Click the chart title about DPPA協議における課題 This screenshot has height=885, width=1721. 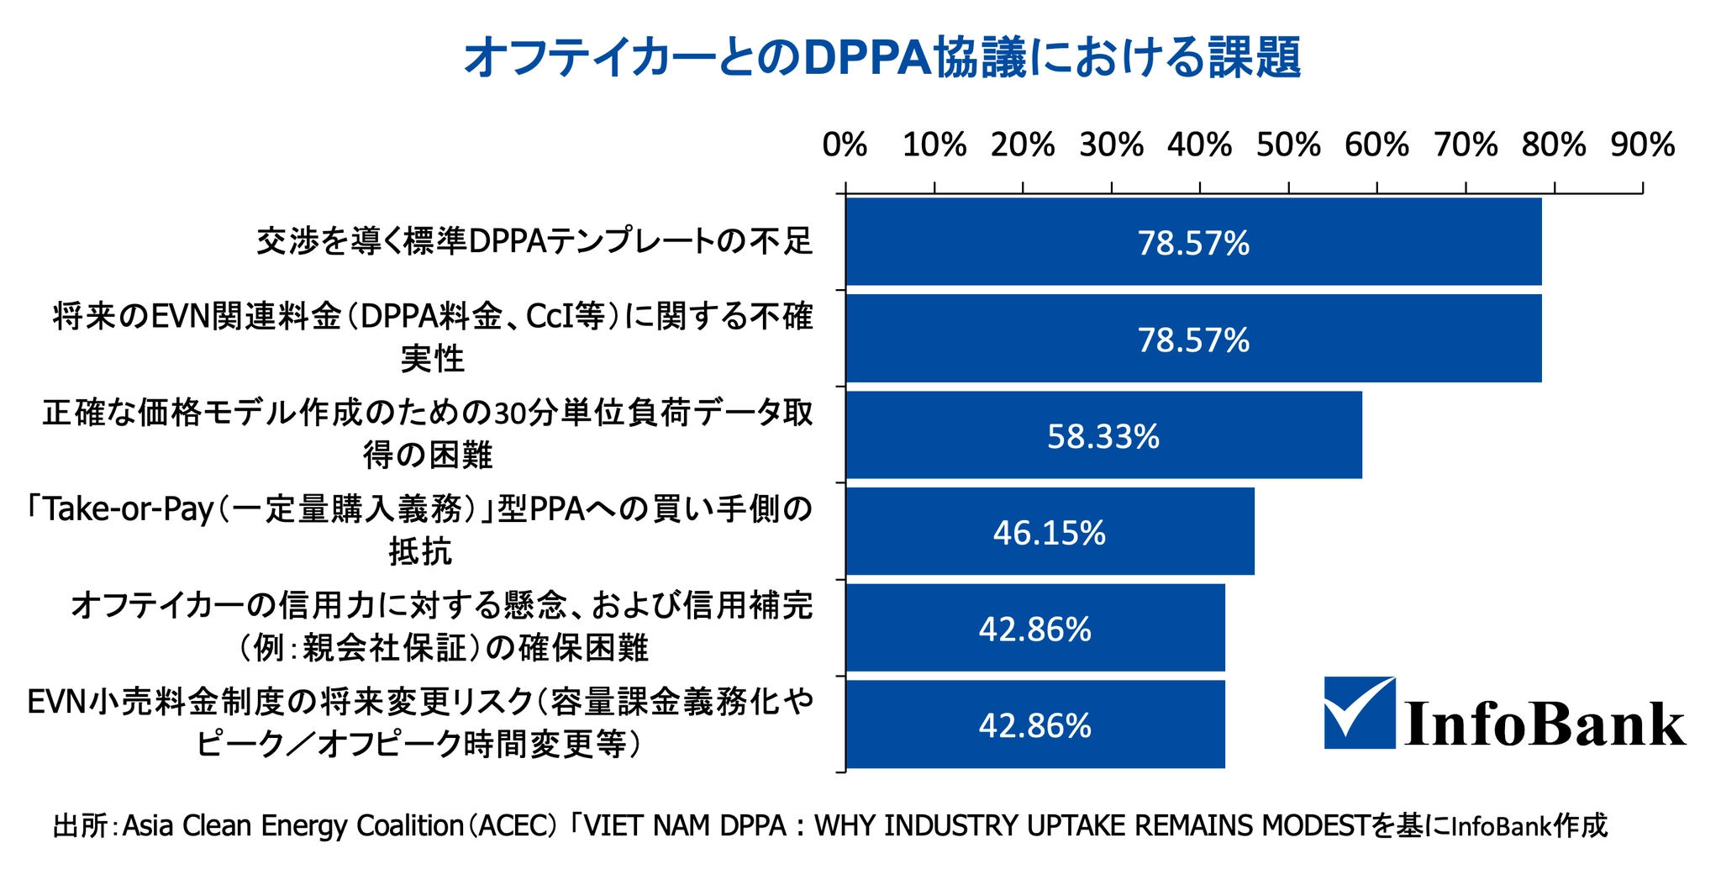(882, 58)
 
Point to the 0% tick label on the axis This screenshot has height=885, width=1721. (845, 145)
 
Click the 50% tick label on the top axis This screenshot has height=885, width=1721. (1288, 145)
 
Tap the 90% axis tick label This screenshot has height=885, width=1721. (1642, 145)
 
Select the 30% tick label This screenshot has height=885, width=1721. (1111, 145)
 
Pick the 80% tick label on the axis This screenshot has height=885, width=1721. (1554, 145)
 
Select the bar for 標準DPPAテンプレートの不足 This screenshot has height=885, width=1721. (1193, 242)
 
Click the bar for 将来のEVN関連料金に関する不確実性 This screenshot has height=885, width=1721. (1193, 339)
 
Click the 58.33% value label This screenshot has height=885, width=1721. (1103, 436)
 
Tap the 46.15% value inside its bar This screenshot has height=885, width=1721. (1050, 533)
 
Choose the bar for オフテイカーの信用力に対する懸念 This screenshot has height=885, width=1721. (1035, 629)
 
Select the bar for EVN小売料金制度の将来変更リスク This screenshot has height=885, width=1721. (1035, 725)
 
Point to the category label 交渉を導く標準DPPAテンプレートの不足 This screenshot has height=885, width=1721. (534, 242)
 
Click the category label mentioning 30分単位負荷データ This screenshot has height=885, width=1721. (428, 434)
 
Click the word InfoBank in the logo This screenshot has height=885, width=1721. (1545, 724)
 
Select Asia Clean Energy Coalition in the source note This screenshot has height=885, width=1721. (293, 826)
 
